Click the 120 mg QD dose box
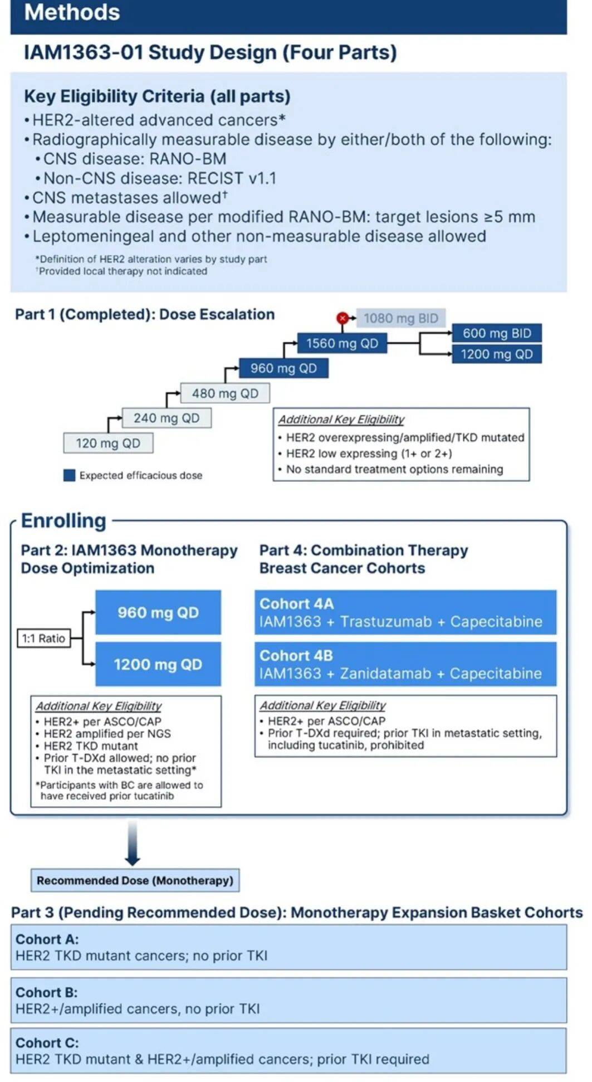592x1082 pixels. pyautogui.click(x=108, y=443)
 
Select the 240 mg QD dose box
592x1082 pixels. pyautogui.click(x=167, y=418)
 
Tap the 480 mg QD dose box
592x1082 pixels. pyautogui.click(x=225, y=393)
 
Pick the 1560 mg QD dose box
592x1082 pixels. pyautogui.click(x=342, y=343)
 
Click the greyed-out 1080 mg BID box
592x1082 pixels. pyautogui.click(x=401, y=318)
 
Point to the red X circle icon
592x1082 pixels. pyautogui.click(x=343, y=318)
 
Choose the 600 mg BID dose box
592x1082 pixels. pyautogui.click(x=497, y=333)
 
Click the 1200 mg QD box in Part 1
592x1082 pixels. pyautogui.click(x=497, y=354)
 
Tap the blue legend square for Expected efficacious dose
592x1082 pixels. pyautogui.click(x=69, y=475)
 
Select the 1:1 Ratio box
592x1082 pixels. pyautogui.click(x=44, y=639)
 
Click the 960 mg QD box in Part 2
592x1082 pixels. pyautogui.click(x=158, y=612)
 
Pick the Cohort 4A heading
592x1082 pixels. pyautogui.click(x=296, y=604)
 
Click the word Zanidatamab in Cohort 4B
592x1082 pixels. pyautogui.click(x=385, y=674)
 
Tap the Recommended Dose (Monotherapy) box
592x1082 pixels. pyautogui.click(x=135, y=880)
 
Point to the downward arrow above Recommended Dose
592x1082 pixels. pyautogui.click(x=133, y=842)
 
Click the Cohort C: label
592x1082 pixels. pyautogui.click(x=47, y=1042)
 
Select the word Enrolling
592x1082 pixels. pyautogui.click(x=63, y=521)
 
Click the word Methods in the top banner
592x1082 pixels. pyautogui.click(x=72, y=12)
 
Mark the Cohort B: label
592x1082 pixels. pyautogui.click(x=47, y=992)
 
